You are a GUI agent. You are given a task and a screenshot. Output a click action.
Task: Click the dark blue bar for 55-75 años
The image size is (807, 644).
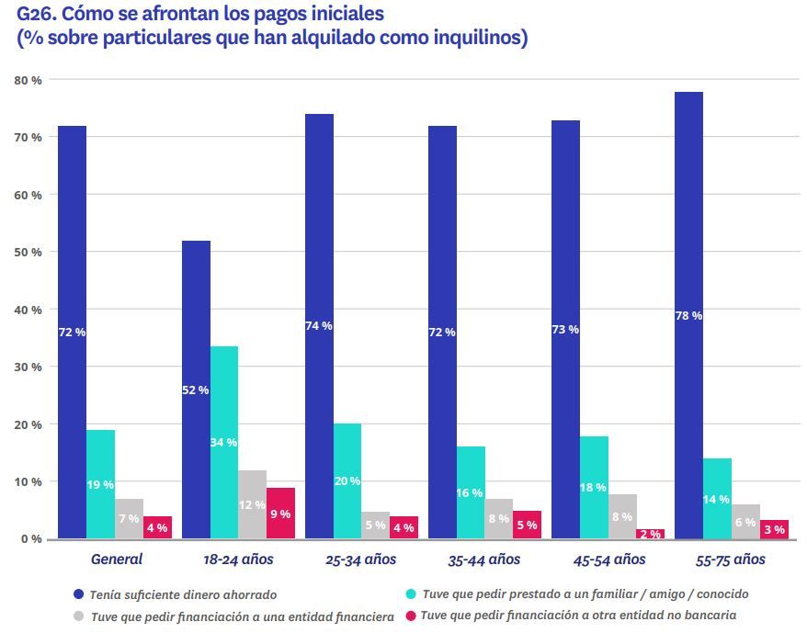[x=688, y=315]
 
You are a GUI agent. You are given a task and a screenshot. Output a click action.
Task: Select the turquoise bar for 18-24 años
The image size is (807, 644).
[x=223, y=442]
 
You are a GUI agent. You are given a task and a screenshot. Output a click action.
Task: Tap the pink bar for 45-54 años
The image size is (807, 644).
[x=650, y=534]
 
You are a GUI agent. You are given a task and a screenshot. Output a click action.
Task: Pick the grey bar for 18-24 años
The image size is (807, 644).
[x=252, y=504]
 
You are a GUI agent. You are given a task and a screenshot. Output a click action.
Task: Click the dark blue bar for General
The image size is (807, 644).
[x=72, y=332]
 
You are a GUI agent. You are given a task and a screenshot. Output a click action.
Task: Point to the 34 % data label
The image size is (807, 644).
[x=224, y=443]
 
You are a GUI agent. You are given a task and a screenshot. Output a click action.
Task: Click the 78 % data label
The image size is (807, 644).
[x=688, y=315]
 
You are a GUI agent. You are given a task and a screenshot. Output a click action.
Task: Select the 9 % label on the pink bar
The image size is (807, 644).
[x=280, y=514]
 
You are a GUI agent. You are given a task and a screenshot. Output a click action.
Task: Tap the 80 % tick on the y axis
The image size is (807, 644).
[x=28, y=81]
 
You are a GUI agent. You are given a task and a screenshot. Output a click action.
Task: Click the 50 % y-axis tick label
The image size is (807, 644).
[x=28, y=253]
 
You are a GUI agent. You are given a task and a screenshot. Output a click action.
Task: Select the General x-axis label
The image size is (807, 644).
[x=116, y=559]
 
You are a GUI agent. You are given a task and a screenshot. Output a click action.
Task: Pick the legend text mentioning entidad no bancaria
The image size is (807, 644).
[x=578, y=616]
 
